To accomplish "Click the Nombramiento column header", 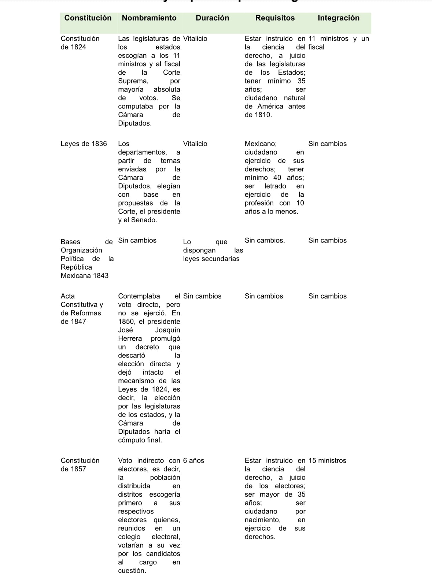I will (149, 18).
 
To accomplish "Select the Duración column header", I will (212, 18).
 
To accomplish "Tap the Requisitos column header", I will (275, 18).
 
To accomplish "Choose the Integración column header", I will (338, 18).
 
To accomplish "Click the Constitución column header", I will (88, 18).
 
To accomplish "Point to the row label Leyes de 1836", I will (84, 144).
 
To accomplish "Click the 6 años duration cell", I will (193, 460).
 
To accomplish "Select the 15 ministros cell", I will (327, 460).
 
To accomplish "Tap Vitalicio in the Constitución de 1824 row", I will (195, 38).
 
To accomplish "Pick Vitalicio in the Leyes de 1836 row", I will (195, 144).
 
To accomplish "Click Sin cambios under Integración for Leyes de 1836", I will (327, 144).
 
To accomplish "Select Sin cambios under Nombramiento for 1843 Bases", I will (137, 240).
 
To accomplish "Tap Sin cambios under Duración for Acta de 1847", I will (202, 296).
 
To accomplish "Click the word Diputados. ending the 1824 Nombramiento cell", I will (134, 123).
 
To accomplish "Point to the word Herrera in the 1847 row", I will (130, 338).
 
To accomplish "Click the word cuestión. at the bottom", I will (132, 571).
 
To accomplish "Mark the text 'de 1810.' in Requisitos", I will (258, 115).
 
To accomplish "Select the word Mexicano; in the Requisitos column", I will (261, 144).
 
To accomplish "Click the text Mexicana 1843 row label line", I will (84, 275).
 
